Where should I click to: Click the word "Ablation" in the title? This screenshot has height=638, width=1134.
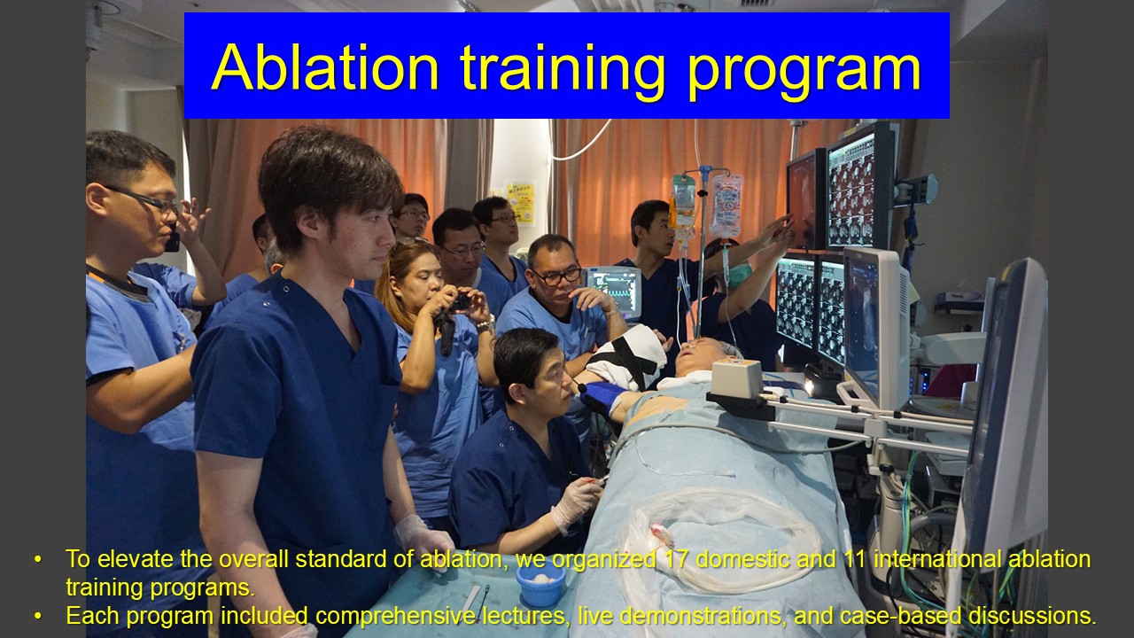(324, 68)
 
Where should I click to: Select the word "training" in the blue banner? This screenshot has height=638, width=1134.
(562, 72)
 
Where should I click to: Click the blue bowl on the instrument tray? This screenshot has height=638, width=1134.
(540, 584)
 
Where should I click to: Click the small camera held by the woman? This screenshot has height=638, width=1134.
(459, 302)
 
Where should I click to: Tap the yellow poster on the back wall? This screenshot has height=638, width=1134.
(520, 204)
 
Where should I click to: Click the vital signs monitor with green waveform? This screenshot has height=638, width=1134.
(615, 292)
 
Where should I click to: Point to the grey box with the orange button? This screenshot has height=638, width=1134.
(736, 377)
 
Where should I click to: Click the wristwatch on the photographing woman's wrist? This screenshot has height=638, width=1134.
(485, 324)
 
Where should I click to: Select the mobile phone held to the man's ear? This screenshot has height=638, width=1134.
(172, 240)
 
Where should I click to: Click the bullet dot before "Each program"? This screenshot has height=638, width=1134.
(37, 616)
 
